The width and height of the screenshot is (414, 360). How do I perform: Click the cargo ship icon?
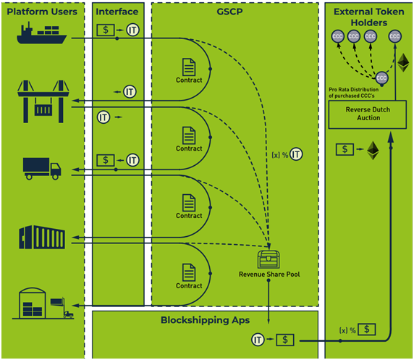pyautogui.click(x=42, y=33)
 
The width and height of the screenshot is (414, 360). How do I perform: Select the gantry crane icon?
pyautogui.click(x=43, y=101)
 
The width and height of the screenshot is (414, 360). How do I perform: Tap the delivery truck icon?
pyautogui.click(x=42, y=169)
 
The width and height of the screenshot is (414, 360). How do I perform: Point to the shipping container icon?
pyautogui.click(x=42, y=237)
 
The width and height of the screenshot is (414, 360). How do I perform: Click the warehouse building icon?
pyautogui.click(x=43, y=304)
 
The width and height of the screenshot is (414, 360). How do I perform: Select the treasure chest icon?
pyautogui.click(x=269, y=259)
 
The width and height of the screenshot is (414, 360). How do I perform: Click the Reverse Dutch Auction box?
pyautogui.click(x=367, y=114)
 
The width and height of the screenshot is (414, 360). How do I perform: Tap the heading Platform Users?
pyautogui.click(x=42, y=12)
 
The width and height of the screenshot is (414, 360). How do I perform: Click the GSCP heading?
pyautogui.click(x=229, y=12)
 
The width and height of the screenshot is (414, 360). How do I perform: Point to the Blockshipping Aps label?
pyautogui.click(x=205, y=320)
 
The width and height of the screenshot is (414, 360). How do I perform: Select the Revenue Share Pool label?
pyautogui.click(x=269, y=275)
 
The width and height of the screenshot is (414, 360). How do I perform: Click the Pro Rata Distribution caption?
pyautogui.click(x=353, y=93)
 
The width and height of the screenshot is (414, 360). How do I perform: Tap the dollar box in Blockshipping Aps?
pyautogui.click(x=285, y=340)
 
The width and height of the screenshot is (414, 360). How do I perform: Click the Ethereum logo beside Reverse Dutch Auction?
pyautogui.click(x=373, y=151)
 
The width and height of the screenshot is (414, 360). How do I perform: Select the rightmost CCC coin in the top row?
pyautogui.click(x=394, y=36)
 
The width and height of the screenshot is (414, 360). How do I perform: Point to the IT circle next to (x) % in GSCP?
pyautogui.click(x=296, y=154)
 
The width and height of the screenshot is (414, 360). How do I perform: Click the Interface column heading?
pyautogui.click(x=117, y=12)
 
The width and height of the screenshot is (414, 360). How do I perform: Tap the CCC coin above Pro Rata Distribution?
pyautogui.click(x=381, y=78)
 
